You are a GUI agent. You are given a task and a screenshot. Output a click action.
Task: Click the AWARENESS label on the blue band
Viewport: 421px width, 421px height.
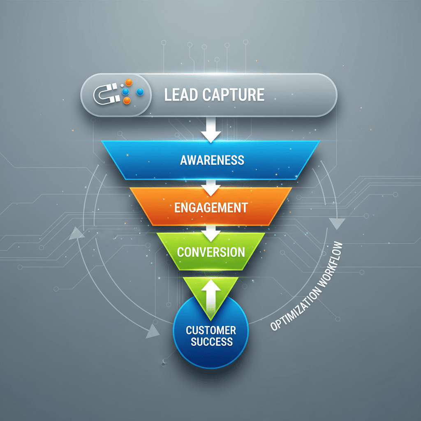click(x=212, y=160)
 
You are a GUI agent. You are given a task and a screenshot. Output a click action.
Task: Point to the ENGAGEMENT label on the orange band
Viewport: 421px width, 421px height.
click(x=211, y=207)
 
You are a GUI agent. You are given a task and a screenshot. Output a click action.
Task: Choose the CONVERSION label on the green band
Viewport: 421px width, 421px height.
click(x=211, y=252)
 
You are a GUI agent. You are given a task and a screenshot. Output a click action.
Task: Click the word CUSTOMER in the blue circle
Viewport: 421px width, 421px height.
click(x=211, y=330)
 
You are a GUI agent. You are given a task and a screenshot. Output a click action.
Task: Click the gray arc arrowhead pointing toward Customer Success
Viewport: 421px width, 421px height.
click(x=153, y=329)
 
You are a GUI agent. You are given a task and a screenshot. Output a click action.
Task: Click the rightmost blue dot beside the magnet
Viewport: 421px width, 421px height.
click(x=140, y=92)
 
